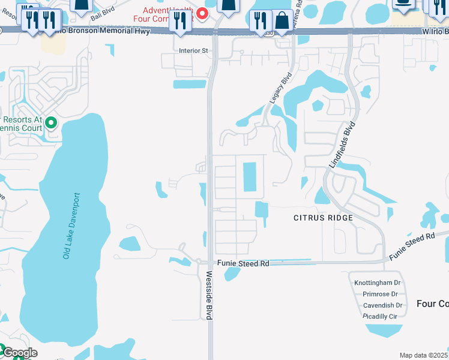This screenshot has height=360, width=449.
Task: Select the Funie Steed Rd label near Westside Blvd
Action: (243, 263)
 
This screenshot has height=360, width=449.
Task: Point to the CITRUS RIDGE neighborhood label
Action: (323, 217)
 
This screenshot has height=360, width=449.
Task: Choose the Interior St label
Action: (193, 51)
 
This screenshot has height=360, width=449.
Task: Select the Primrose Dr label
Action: (380, 294)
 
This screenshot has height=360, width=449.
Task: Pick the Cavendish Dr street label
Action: (382, 305)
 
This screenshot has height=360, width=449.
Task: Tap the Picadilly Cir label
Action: (380, 316)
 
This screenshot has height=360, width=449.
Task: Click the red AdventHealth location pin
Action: (203, 13)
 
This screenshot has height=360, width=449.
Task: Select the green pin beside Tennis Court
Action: (51, 123)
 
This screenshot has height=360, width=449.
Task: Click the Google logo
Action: (19, 353)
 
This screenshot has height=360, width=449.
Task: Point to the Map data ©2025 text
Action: (423, 355)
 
